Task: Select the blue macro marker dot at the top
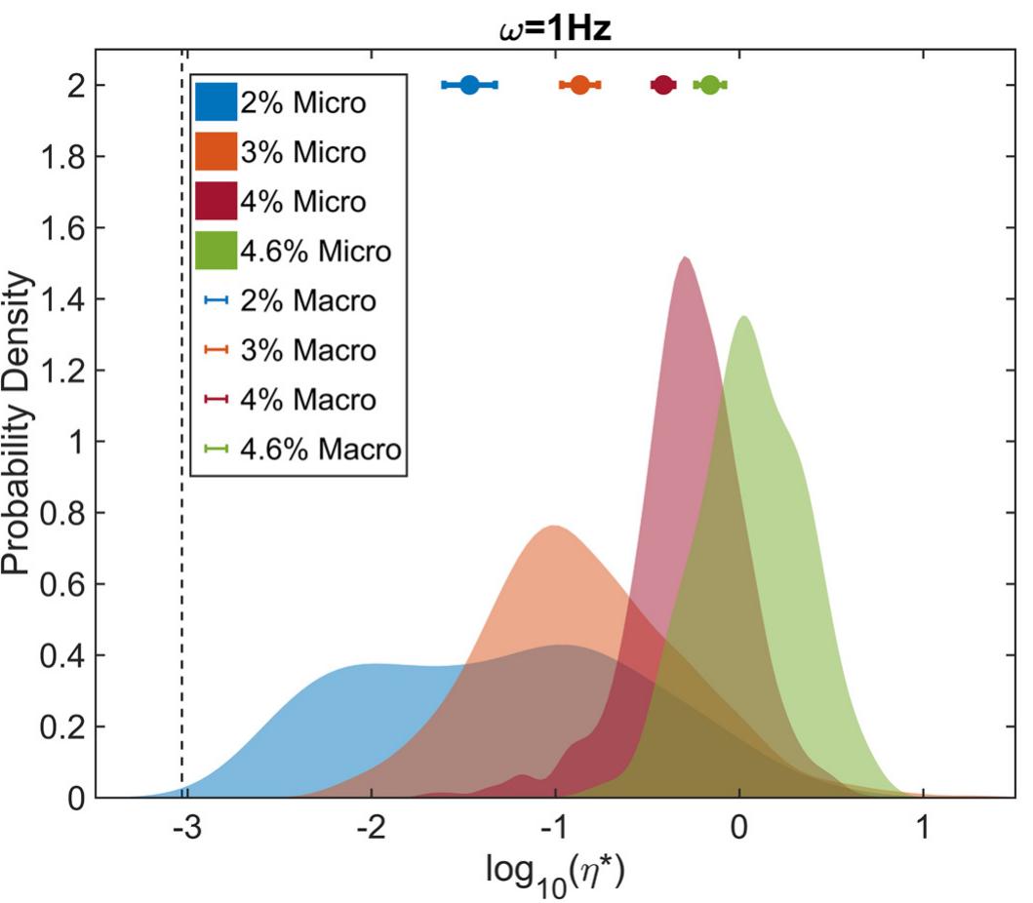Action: point(469,85)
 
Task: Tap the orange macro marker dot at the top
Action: point(579,85)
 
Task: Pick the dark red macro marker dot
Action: point(663,85)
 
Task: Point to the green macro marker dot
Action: point(710,85)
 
